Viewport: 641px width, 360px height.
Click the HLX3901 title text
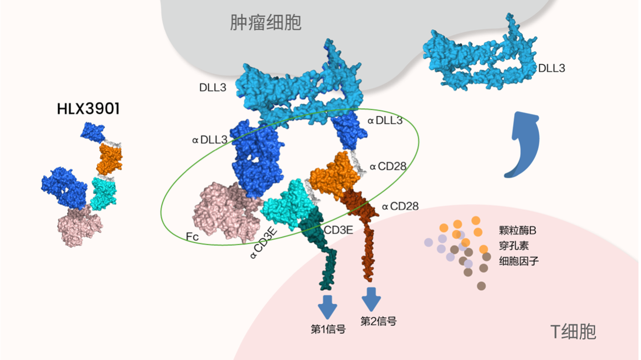(88, 109)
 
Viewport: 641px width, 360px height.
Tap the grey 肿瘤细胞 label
(266, 22)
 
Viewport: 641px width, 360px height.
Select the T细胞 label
(573, 332)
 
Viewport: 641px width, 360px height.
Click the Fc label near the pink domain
(192, 237)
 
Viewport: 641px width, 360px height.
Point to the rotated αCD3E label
(264, 243)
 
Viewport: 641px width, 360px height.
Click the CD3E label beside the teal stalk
(338, 230)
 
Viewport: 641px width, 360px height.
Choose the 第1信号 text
(328, 329)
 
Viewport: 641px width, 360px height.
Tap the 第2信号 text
(378, 321)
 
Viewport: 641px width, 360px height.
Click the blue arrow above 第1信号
(328, 307)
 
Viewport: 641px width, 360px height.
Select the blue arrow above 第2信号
(371, 299)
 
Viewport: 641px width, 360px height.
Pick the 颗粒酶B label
(517, 231)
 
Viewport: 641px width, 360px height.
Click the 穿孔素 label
(514, 246)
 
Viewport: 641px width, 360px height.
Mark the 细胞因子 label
(519, 261)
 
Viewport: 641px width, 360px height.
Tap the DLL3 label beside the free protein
(551, 68)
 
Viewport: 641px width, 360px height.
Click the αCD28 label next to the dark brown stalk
(400, 206)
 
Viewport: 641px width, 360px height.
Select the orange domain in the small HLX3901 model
(109, 159)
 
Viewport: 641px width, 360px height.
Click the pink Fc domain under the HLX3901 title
(80, 226)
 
